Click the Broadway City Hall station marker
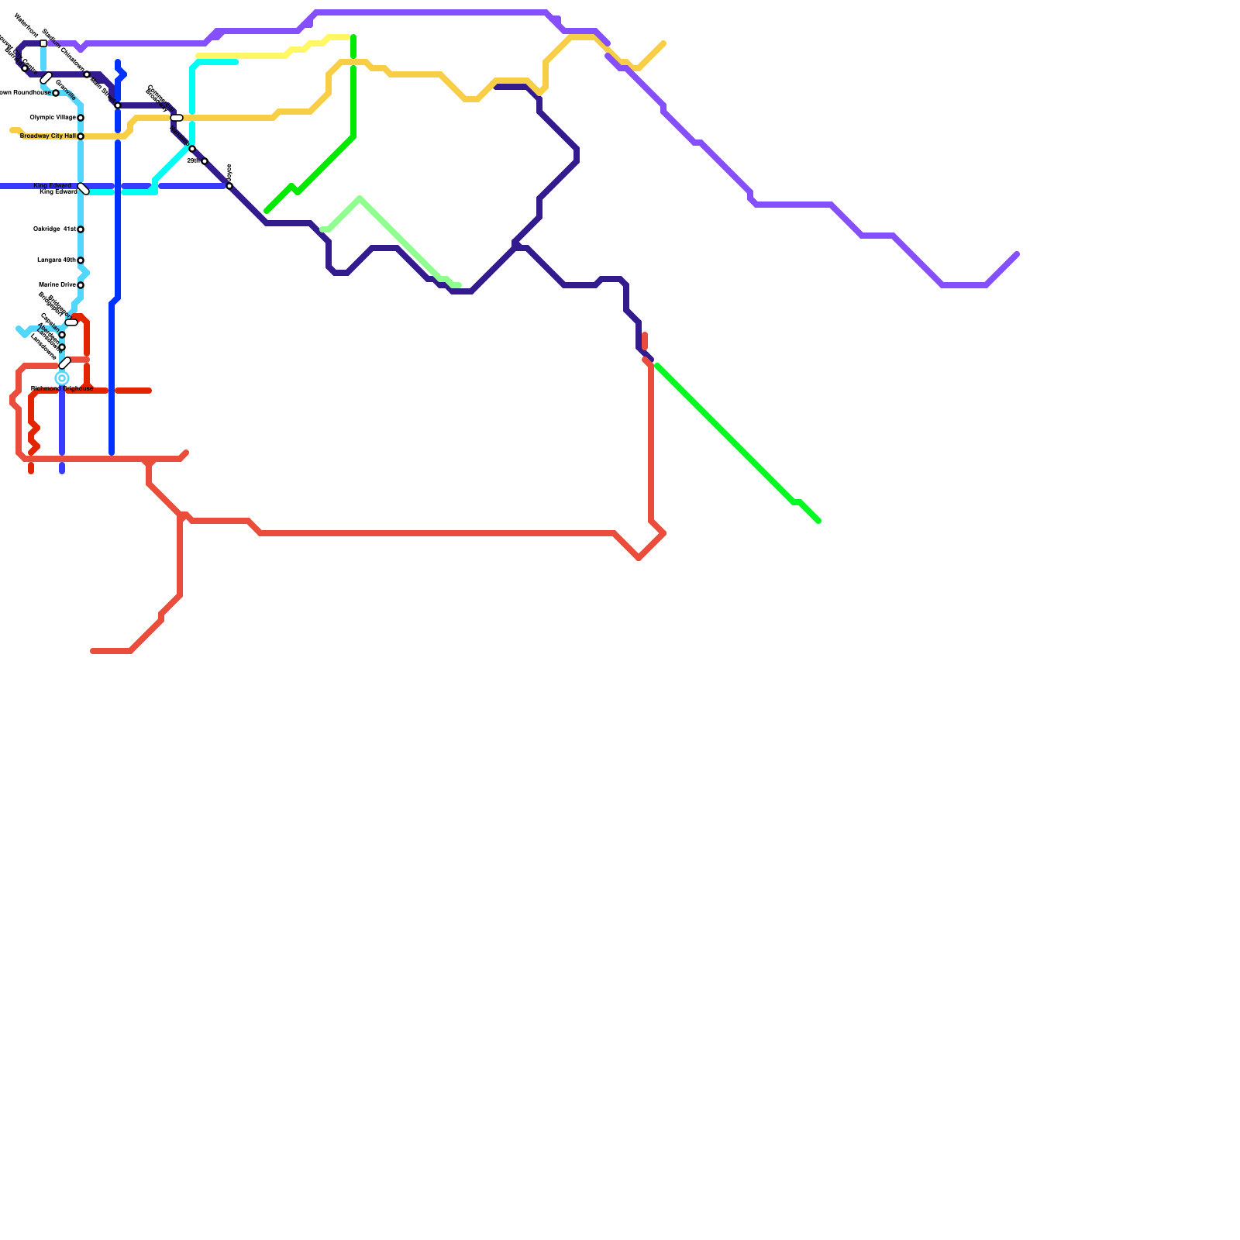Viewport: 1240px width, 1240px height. point(81,136)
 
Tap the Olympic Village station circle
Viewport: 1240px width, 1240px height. point(81,118)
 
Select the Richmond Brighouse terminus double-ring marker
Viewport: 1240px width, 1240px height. point(62,378)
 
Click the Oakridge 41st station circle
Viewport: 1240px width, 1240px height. point(81,229)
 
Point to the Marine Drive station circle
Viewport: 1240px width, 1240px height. point(81,285)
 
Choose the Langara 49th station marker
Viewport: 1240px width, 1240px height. point(81,260)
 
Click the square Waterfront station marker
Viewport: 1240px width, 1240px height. point(43,43)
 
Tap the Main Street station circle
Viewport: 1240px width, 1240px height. point(118,105)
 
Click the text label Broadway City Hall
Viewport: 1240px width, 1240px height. point(48,136)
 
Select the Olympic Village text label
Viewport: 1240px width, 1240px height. point(53,118)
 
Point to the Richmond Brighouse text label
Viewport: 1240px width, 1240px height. point(62,388)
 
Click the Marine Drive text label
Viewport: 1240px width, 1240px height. point(57,285)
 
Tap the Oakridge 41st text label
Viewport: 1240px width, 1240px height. point(54,229)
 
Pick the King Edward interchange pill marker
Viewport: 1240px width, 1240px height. point(84,189)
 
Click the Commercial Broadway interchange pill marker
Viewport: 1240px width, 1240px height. point(177,118)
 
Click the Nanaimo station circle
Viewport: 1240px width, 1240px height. point(192,149)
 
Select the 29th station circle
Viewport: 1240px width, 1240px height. point(205,161)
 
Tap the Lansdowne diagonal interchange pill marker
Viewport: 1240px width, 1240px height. point(65,363)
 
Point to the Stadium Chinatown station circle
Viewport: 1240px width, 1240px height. point(87,74)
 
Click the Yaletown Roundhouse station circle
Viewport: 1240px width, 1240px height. point(56,93)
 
